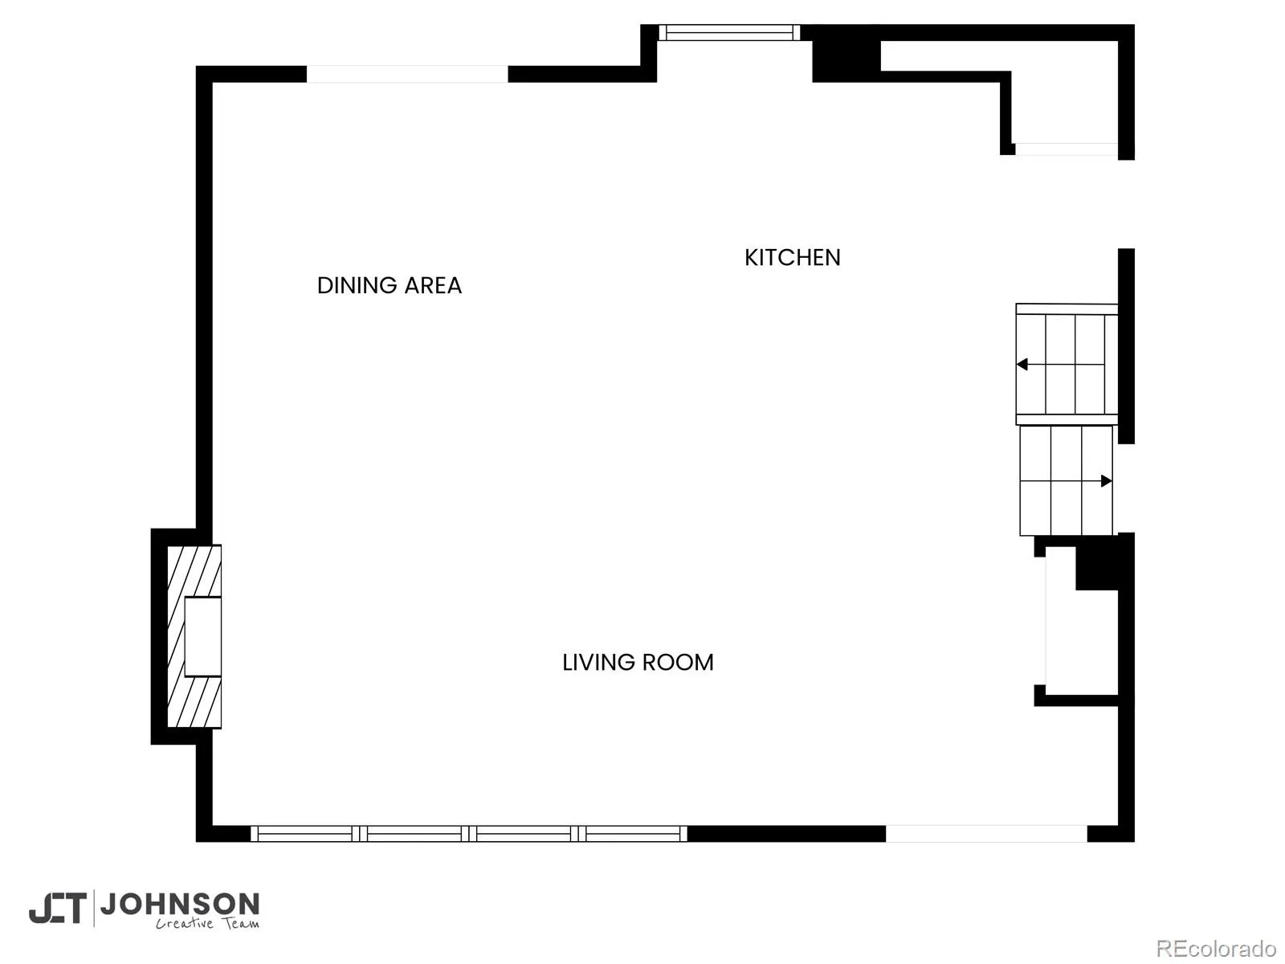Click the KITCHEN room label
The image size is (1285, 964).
[x=792, y=258]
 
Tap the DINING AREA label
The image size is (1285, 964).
[x=390, y=286]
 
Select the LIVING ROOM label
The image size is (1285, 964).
[x=638, y=663]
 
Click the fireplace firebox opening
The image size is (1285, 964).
[x=202, y=637]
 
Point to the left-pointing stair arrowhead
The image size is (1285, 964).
[x=1022, y=364]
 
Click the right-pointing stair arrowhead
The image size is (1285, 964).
[x=1107, y=480]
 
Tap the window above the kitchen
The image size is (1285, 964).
[x=729, y=32]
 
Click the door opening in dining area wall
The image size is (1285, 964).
[x=407, y=75]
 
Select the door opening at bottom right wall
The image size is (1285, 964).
[x=986, y=834]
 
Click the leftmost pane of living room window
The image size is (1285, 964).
[x=305, y=834]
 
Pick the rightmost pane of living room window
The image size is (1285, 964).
[x=633, y=834]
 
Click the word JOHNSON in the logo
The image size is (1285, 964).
[x=181, y=905]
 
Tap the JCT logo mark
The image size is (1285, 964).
[x=58, y=908]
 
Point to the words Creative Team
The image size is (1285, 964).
[x=207, y=923]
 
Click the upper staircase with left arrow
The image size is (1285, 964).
[x=1067, y=364]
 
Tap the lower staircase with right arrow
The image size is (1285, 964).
[x=1066, y=480]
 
